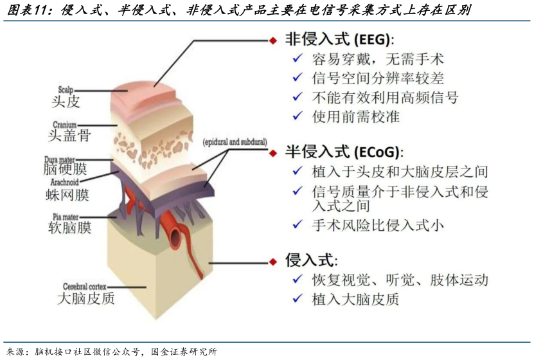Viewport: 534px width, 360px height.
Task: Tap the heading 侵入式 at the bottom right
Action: coord(311,260)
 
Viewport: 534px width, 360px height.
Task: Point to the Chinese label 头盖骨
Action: coord(69,135)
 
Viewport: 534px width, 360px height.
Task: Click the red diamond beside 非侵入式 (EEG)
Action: coord(272,40)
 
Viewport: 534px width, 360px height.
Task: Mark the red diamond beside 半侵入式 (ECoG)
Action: coord(272,153)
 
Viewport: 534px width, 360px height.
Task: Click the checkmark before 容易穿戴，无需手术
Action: coord(297,59)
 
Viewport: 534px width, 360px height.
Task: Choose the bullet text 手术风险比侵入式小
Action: coord(377,225)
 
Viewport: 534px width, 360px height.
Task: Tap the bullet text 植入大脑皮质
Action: coord(355,299)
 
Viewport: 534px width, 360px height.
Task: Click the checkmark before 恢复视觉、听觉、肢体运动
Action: coord(297,280)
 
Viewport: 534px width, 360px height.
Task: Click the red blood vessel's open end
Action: coord(175,239)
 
